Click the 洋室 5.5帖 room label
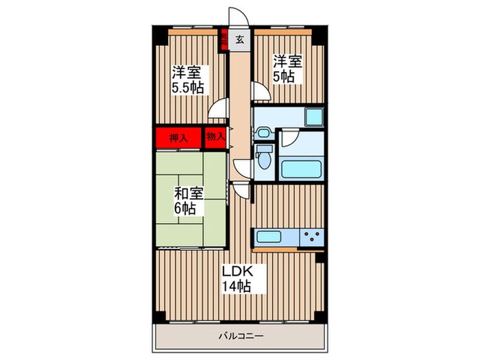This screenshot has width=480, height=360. point(187,80)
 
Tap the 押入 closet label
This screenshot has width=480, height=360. point(178,137)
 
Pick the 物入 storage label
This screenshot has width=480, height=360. point(215,136)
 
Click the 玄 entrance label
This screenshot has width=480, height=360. point(239,40)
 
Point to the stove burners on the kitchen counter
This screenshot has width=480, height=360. point(311,238)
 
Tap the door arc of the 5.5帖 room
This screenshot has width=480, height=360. point(219,108)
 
